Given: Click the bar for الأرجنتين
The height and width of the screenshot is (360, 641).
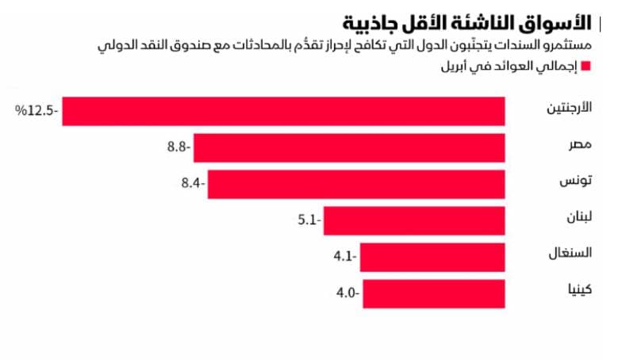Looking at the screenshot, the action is [283, 111].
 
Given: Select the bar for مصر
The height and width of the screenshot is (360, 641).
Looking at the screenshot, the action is [349, 148].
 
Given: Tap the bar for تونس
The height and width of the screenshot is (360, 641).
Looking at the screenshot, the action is [356, 184].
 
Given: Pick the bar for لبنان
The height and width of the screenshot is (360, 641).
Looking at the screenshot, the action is [414, 220].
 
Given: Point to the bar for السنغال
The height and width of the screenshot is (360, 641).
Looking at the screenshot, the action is [432, 257].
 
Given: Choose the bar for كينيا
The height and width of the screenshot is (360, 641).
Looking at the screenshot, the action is [434, 294].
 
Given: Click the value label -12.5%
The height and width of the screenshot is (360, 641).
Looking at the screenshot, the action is [36, 110].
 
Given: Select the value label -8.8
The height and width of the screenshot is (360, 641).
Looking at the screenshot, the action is [178, 147].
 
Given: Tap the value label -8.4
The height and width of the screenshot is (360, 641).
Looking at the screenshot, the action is [193, 183].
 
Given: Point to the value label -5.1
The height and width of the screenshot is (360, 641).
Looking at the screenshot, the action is [309, 220].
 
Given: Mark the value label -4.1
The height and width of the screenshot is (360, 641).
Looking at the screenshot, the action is [345, 256].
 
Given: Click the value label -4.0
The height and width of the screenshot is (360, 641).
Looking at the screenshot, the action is [348, 293].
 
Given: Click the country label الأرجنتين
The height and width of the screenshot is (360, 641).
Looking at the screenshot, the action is [569, 108].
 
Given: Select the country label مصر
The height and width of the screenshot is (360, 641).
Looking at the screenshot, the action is [581, 144].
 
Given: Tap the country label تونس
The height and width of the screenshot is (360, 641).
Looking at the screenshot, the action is [576, 181].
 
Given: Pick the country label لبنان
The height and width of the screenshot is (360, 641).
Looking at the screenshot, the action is [579, 216].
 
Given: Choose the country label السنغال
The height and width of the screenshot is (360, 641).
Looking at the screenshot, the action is [570, 253].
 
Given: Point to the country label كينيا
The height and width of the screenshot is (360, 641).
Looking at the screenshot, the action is [580, 289].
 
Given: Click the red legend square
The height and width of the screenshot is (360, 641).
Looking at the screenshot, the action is [585, 66].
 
